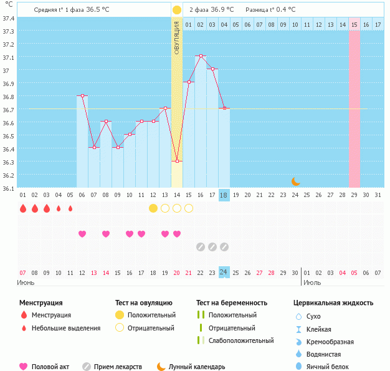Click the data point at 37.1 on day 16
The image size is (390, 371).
pyautogui.click(x=201, y=56)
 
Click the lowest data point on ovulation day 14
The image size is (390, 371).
pyautogui.click(x=177, y=161)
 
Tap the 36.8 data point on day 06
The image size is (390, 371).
pyautogui.click(x=82, y=95)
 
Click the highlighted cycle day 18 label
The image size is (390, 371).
pyautogui.click(x=224, y=195)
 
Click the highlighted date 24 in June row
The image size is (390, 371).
pyautogui.click(x=224, y=272)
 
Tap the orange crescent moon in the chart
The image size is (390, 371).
pyautogui.click(x=296, y=181)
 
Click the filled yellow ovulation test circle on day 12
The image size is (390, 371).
pyautogui.click(x=153, y=208)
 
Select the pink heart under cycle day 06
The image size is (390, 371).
pyautogui.click(x=82, y=234)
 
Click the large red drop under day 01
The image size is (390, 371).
pyautogui.click(x=23, y=208)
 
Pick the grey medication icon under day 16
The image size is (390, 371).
pyautogui.click(x=201, y=247)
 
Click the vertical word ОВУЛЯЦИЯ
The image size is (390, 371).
pyautogui.click(x=177, y=37)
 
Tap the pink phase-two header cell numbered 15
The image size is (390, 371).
pyautogui.click(x=354, y=24)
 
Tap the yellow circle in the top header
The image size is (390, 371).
pyautogui.click(x=177, y=10)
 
